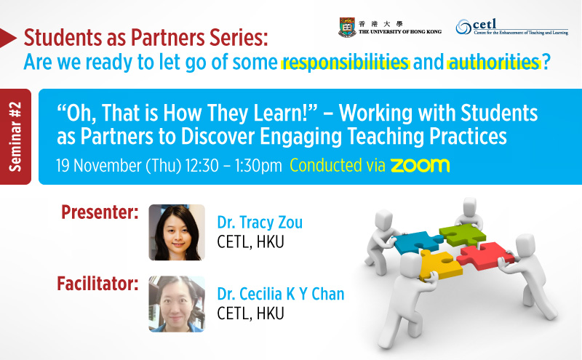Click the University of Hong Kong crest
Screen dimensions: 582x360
coord(347,27)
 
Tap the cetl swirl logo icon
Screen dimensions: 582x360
coord(463,27)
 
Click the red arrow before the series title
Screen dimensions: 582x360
coord(8,38)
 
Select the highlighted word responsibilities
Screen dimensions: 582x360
coord(345,62)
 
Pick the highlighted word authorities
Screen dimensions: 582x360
coord(494,62)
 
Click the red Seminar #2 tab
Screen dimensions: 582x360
coord(15,137)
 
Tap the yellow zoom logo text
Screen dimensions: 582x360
coord(420,166)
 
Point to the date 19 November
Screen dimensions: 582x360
coord(99,166)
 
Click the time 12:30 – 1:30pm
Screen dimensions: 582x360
coord(234,166)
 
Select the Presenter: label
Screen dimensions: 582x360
coord(100,212)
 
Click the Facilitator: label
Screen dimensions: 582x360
coord(97,284)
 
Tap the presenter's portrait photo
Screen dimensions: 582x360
coord(177,232)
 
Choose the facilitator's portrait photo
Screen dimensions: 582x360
coord(177,304)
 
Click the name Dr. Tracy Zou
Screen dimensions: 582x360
coord(260,223)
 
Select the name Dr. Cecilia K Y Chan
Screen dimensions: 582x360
coord(281,294)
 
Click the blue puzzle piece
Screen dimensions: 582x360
coord(417,241)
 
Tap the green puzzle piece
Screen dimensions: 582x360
coord(463,235)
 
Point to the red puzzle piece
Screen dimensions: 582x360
coord(485,256)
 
